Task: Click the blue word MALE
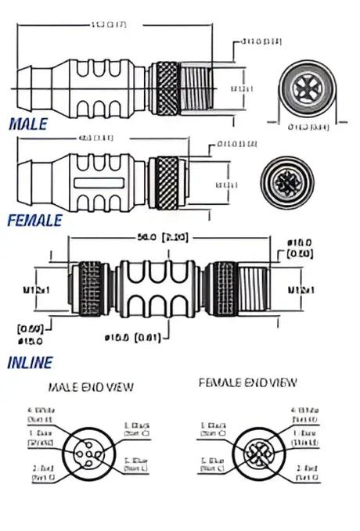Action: tap(27, 124)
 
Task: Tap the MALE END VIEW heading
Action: tap(92, 386)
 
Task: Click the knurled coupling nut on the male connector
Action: tap(166, 86)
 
